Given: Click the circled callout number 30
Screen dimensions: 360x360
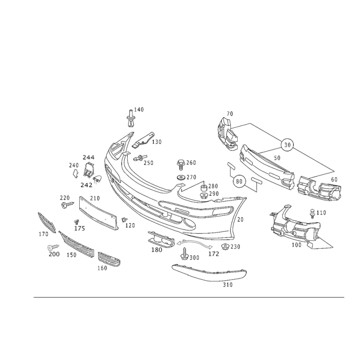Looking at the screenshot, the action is [x=287, y=145].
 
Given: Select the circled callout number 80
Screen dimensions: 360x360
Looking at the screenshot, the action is [x=239, y=181].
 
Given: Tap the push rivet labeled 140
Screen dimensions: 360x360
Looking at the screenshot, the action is [x=130, y=118].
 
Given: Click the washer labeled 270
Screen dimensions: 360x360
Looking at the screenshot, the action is [x=181, y=178].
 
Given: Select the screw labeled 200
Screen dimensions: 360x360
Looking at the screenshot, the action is [x=53, y=247].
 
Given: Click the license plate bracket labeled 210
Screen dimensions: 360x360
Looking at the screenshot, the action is [x=99, y=213].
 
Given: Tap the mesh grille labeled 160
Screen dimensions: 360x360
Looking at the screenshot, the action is [x=109, y=259].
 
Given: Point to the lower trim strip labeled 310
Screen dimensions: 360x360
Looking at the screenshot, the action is [x=209, y=273].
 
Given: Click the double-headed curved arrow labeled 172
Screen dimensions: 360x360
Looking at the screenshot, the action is [x=194, y=243].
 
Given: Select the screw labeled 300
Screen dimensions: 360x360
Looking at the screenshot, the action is [x=184, y=253].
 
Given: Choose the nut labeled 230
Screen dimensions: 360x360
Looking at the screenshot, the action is [x=225, y=247].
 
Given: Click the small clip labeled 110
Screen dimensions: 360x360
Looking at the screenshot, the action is [x=312, y=213].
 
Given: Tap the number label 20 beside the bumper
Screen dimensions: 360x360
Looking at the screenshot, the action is [x=240, y=220].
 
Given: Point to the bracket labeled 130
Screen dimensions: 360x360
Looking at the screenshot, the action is [x=143, y=140].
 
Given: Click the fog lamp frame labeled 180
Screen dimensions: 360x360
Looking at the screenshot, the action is [x=161, y=239].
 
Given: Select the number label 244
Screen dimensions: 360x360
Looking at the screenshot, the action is [x=88, y=157].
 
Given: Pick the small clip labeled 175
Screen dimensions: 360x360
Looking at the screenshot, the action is [x=76, y=222].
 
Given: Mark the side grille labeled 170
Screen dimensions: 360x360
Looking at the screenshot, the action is [x=47, y=222].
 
